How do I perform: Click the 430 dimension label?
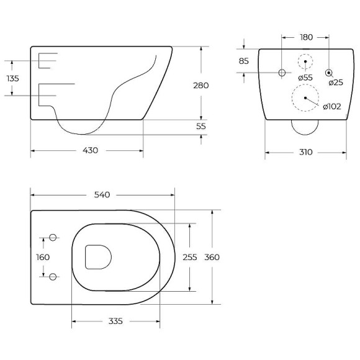(x=90, y=150)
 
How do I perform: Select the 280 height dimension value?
(x=201, y=86)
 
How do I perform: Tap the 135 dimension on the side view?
(x=12, y=79)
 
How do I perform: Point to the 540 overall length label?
(x=102, y=195)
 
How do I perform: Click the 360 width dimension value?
(x=212, y=257)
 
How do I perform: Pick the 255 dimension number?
(x=190, y=257)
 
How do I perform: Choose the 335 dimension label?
(x=115, y=321)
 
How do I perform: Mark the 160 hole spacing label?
(x=43, y=257)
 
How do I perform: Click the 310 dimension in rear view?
(x=305, y=152)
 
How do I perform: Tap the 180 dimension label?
(x=306, y=37)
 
